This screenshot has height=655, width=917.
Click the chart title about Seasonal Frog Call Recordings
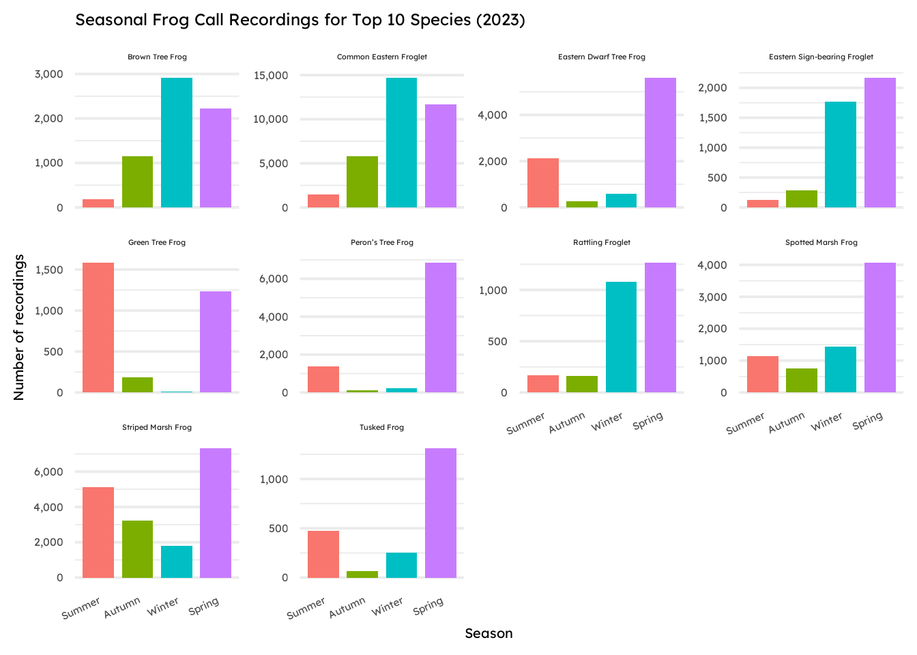tap(300, 20)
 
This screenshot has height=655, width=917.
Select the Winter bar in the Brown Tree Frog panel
tap(177, 143)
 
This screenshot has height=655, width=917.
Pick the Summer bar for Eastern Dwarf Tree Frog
tap(543, 183)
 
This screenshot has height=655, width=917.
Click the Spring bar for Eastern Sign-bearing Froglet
tap(880, 143)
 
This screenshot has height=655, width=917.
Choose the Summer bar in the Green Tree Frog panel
tap(98, 327)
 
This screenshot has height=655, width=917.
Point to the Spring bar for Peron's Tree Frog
tap(441, 327)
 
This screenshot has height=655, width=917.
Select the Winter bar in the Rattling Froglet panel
tap(621, 337)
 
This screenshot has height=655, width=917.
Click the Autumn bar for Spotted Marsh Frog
tap(802, 380)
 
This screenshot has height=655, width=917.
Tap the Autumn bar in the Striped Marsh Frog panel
tap(137, 549)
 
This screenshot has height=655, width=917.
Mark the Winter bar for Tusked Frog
tap(401, 565)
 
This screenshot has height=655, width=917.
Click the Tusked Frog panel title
tap(382, 428)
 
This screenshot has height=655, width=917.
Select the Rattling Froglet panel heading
tap(602, 242)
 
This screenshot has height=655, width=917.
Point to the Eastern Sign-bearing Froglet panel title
tap(821, 57)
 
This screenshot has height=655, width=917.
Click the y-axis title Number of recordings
tap(19, 327)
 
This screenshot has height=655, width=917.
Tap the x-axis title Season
tap(489, 633)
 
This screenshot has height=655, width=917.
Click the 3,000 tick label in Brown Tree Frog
tap(49, 74)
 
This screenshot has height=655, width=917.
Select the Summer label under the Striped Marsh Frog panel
tap(81, 607)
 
